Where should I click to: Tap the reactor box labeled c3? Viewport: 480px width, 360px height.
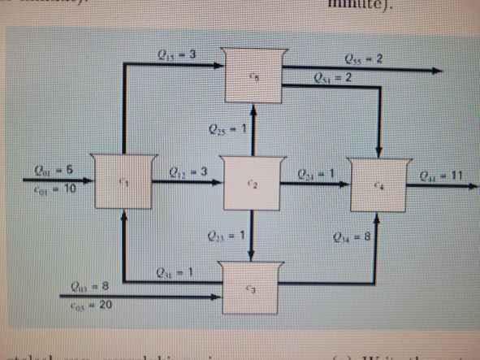[x=253, y=287]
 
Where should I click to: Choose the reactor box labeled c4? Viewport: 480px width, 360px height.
[x=378, y=185]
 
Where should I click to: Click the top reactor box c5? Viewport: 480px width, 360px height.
[x=254, y=76]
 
